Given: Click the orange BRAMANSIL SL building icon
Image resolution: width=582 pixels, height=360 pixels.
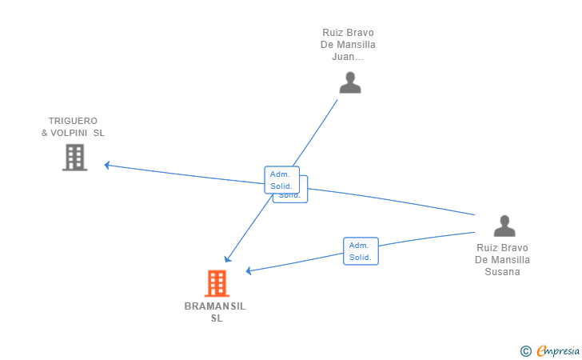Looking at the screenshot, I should click(217, 283).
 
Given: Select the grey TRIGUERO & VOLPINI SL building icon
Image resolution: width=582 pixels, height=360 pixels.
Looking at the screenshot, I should click(74, 158).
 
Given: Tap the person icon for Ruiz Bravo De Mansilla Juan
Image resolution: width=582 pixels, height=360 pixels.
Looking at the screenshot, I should click(349, 82).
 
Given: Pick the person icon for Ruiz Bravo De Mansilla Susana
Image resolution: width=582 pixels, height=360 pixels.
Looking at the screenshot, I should click(504, 226).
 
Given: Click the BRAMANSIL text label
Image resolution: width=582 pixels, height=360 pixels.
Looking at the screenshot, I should click(215, 306).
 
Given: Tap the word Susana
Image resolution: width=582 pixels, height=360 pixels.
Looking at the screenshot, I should click(502, 271).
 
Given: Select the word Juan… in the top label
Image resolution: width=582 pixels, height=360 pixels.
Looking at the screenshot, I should click(348, 57).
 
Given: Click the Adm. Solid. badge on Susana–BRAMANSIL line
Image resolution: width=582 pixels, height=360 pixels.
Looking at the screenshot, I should click(361, 251).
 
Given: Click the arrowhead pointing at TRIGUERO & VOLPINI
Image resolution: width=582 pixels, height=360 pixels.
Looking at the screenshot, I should click(107, 166).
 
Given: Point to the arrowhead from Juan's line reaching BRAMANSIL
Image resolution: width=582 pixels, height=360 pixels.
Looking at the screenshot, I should click(228, 258).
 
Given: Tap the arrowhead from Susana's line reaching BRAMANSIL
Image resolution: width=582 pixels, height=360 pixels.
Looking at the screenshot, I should click(249, 271).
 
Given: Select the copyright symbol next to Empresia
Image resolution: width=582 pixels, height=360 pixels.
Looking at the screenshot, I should click(525, 350).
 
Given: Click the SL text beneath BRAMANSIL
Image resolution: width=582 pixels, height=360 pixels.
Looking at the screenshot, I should click(217, 318).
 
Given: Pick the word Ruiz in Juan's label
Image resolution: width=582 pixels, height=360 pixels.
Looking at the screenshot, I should click(332, 33).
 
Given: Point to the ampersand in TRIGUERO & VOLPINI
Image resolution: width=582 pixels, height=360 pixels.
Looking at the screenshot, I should click(45, 133).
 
